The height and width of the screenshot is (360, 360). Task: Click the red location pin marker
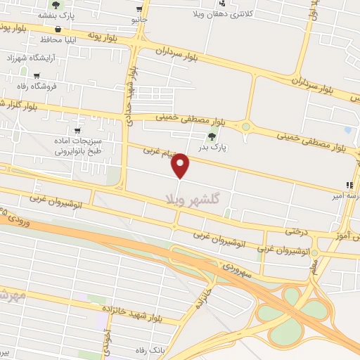[181, 166]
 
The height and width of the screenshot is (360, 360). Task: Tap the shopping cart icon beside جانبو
[140, 9]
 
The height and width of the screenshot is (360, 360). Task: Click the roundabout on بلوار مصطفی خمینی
[245, 127]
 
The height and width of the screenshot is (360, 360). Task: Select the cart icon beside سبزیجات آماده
[77, 131]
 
